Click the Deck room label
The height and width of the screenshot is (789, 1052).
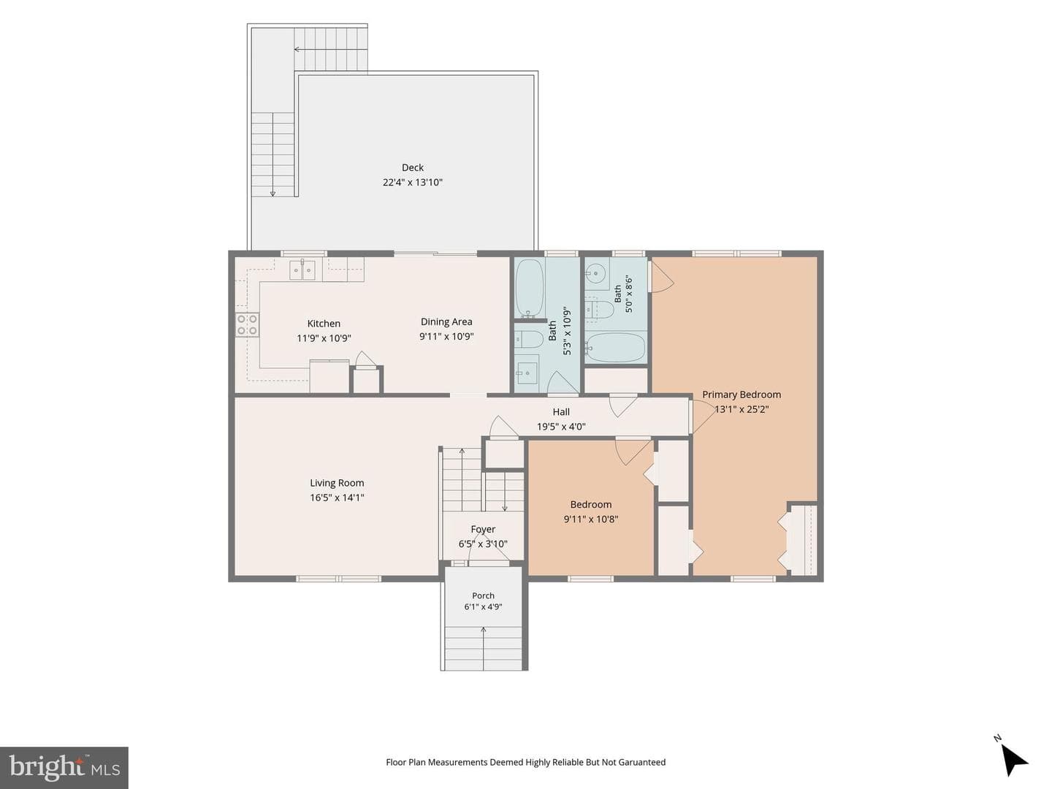[412, 168]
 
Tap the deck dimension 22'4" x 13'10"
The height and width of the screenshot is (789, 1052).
[412, 183]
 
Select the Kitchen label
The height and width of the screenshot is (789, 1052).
[324, 324]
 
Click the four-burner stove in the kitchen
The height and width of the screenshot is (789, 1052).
[248, 324]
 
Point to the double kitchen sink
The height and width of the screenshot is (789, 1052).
[302, 270]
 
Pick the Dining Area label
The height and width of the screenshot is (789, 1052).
[446, 322]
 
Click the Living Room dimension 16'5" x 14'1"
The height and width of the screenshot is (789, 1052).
[337, 498]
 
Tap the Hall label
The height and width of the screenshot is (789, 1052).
[561, 412]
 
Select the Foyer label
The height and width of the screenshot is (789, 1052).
[483, 530]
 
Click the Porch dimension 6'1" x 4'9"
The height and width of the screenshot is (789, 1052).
[483, 607]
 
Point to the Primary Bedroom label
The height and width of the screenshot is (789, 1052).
[742, 394]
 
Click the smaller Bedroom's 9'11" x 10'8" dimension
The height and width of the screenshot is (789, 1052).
[591, 519]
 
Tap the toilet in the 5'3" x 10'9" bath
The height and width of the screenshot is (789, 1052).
[529, 340]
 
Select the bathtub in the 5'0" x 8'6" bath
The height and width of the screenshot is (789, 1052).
[615, 348]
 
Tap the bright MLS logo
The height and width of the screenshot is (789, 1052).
[64, 768]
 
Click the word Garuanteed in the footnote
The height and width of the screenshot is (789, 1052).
[641, 762]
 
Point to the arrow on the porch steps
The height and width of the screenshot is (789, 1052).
[483, 648]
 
